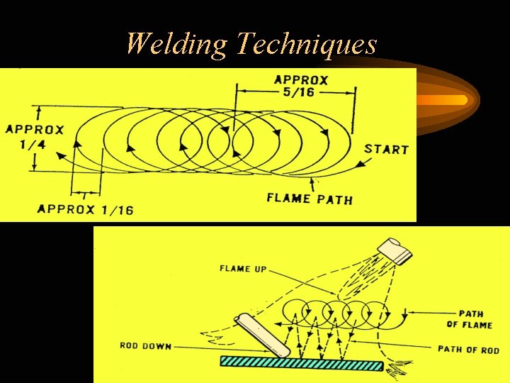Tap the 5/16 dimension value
300,94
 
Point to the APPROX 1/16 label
85,209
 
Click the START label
386,150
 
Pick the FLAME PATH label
309,199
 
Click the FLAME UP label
243,269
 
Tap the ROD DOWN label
145,346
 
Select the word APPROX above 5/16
301,79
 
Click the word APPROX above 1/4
35,130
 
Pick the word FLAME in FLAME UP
235,269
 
